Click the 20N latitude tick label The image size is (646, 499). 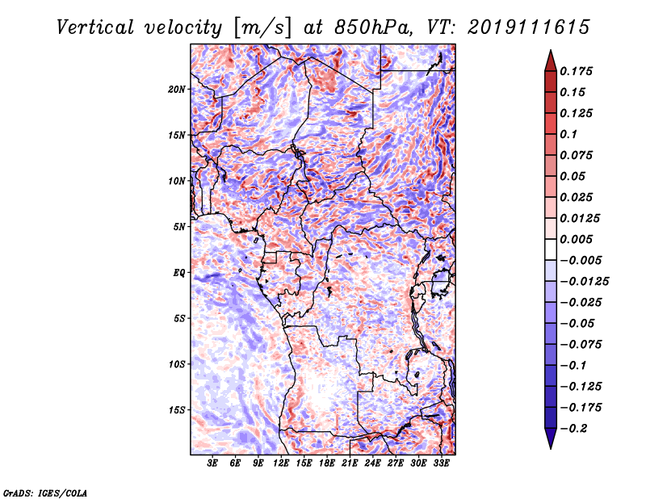pos(177,90)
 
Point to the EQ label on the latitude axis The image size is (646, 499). pos(179,273)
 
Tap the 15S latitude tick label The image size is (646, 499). pos(177,410)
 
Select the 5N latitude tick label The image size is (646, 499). pos(179,227)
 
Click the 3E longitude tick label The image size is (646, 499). pos(212,463)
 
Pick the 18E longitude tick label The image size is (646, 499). pos(327,463)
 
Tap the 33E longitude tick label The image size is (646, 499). pos(441,463)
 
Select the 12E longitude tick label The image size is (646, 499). pos(281,463)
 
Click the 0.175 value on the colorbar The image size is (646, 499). pos(576,71)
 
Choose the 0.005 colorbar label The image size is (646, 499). pos(576,239)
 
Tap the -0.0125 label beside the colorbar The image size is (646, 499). pos(584,282)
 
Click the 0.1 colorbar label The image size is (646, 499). pos(568,134)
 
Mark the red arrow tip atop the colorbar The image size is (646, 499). pos(551,50)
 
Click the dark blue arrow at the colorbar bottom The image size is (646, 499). pos(551,438)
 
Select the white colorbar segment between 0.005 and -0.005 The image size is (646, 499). pos(551,249)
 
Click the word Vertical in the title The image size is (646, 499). pos(95,27)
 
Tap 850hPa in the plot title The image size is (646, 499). pos(374,27)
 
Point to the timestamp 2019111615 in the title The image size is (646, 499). pos(529,27)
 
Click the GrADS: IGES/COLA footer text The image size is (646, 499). pos(44,493)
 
